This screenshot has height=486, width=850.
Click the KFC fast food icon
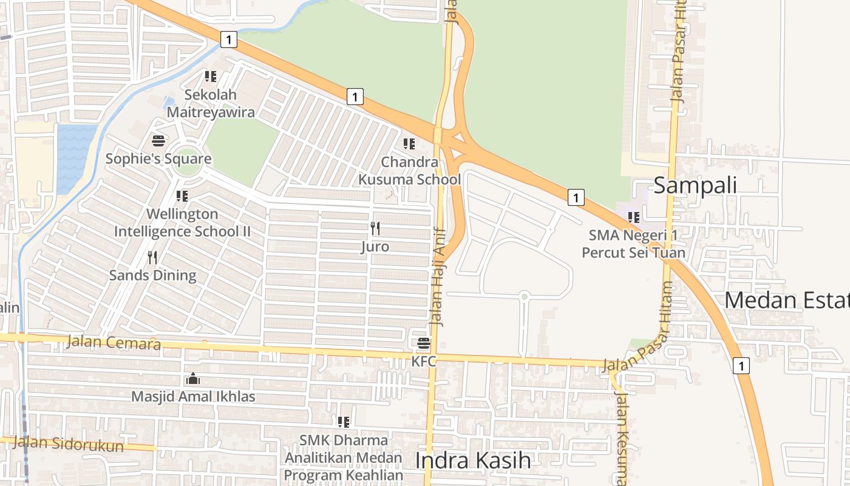424,343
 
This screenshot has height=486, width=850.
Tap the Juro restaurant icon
375,229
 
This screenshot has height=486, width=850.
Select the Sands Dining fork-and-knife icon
152,258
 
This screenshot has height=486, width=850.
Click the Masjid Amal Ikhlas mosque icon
193,379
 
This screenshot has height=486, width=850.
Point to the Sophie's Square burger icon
158,142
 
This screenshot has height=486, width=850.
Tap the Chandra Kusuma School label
410,171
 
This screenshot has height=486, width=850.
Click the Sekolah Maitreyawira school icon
211,77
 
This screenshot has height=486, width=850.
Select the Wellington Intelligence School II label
182,223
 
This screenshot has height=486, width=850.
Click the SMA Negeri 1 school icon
634,217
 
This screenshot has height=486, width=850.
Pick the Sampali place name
695,185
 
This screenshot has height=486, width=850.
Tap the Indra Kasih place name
473,460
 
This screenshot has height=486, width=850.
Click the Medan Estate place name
787,300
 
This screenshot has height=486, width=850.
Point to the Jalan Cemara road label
114,343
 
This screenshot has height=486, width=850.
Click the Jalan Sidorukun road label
68,444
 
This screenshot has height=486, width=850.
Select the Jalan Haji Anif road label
438,276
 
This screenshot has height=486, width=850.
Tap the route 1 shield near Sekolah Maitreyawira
228,40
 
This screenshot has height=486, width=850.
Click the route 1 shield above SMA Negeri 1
576,197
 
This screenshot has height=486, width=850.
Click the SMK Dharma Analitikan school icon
344,422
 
